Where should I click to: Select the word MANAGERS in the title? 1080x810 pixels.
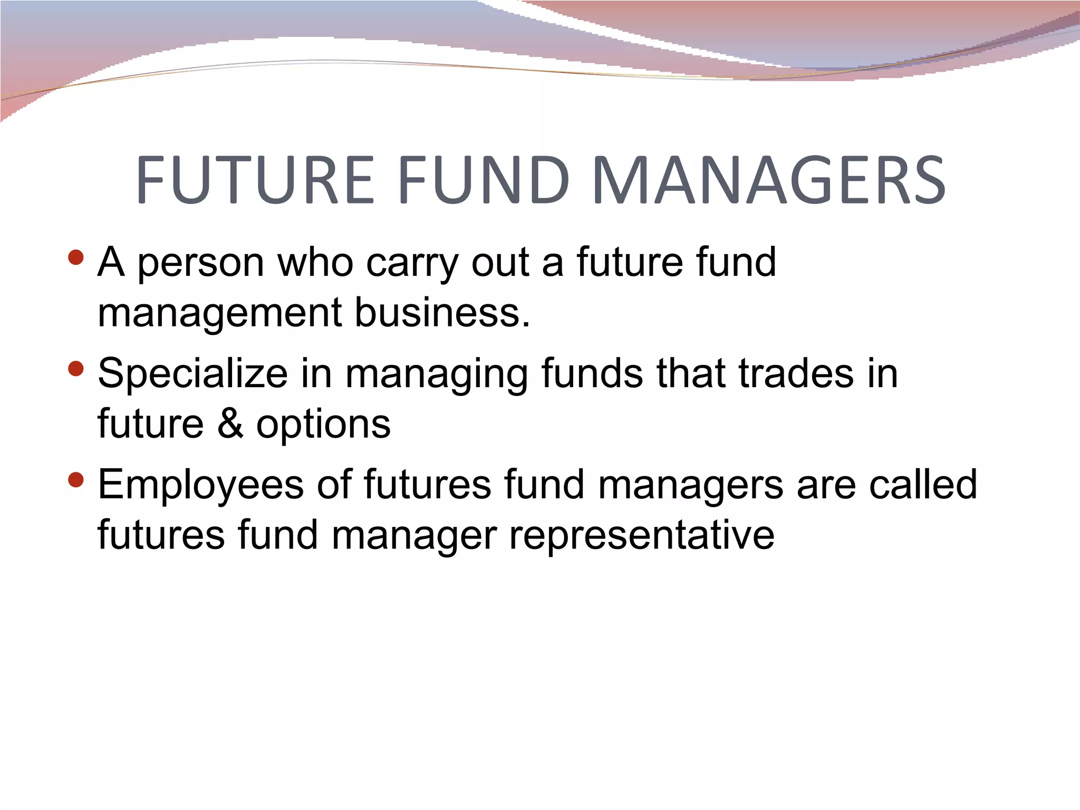click(x=769, y=180)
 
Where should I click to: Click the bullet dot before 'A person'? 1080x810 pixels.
click(x=76, y=258)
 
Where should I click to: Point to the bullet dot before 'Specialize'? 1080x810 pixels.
click(x=76, y=369)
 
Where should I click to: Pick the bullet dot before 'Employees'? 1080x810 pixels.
click(x=76, y=480)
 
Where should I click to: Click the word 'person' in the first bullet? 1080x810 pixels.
click(x=201, y=263)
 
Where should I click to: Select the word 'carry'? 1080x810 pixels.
click(x=412, y=263)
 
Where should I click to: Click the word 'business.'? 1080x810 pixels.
click(x=442, y=312)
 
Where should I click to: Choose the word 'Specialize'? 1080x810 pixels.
click(x=193, y=374)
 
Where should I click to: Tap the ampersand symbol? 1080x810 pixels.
click(x=230, y=423)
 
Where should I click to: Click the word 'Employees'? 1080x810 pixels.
click(x=201, y=486)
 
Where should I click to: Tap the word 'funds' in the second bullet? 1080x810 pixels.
click(x=593, y=373)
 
